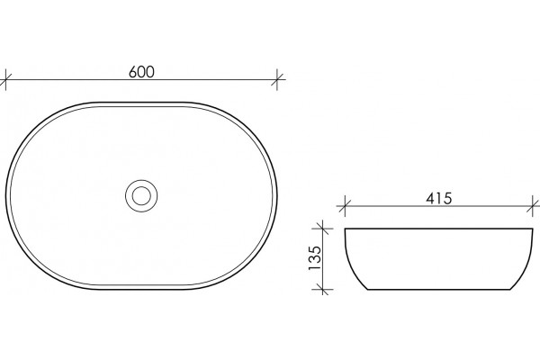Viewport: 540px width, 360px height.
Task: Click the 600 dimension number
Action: (x=141, y=72)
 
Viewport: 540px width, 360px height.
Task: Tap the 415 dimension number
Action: (x=439, y=198)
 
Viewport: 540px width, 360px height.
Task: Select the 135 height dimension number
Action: (x=314, y=257)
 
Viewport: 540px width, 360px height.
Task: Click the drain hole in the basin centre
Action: (x=141, y=195)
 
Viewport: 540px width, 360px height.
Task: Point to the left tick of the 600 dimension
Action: (x=5, y=79)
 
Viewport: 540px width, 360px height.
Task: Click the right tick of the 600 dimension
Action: (x=277, y=79)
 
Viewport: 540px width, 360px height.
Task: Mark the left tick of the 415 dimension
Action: (x=345, y=206)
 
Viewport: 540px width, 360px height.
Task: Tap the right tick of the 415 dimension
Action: (x=533, y=206)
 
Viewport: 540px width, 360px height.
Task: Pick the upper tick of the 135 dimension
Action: (x=323, y=229)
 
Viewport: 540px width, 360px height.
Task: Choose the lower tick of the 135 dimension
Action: (x=323, y=290)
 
